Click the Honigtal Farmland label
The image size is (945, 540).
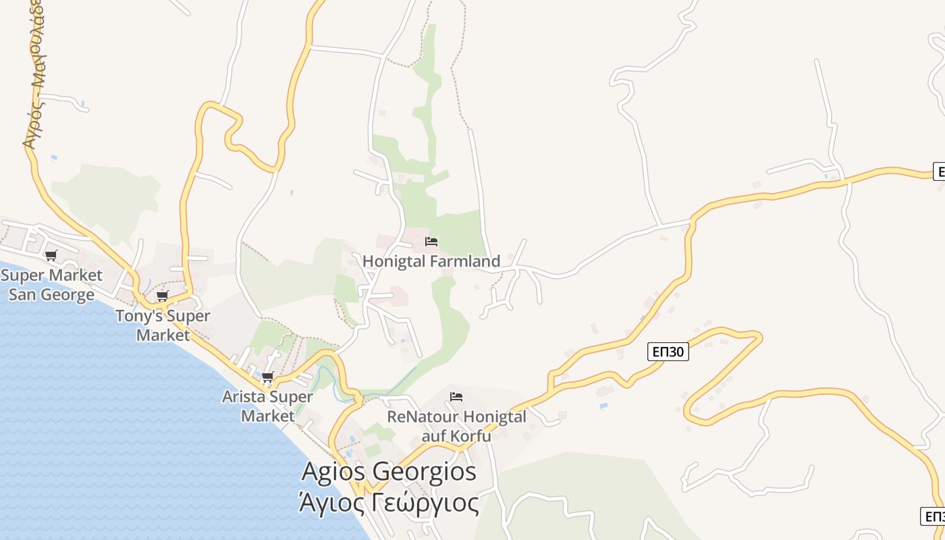pos(431,261)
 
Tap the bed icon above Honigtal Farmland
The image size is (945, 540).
pos(431,242)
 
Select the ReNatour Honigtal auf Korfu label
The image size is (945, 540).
pos(456,426)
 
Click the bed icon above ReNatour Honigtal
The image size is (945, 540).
pos(456,396)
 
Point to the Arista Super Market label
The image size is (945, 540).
pos(267,406)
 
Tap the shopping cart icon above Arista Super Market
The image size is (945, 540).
pos(268,377)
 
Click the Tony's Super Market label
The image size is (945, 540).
pos(163,325)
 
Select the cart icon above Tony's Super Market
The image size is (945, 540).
pos(163,296)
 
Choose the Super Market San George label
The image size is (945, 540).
pos(51,285)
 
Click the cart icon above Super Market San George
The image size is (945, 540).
pos(51,255)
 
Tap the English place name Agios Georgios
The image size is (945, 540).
pos(389,471)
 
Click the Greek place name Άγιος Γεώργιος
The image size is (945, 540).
pos(389,503)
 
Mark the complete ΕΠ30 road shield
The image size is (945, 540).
pos(668,351)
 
